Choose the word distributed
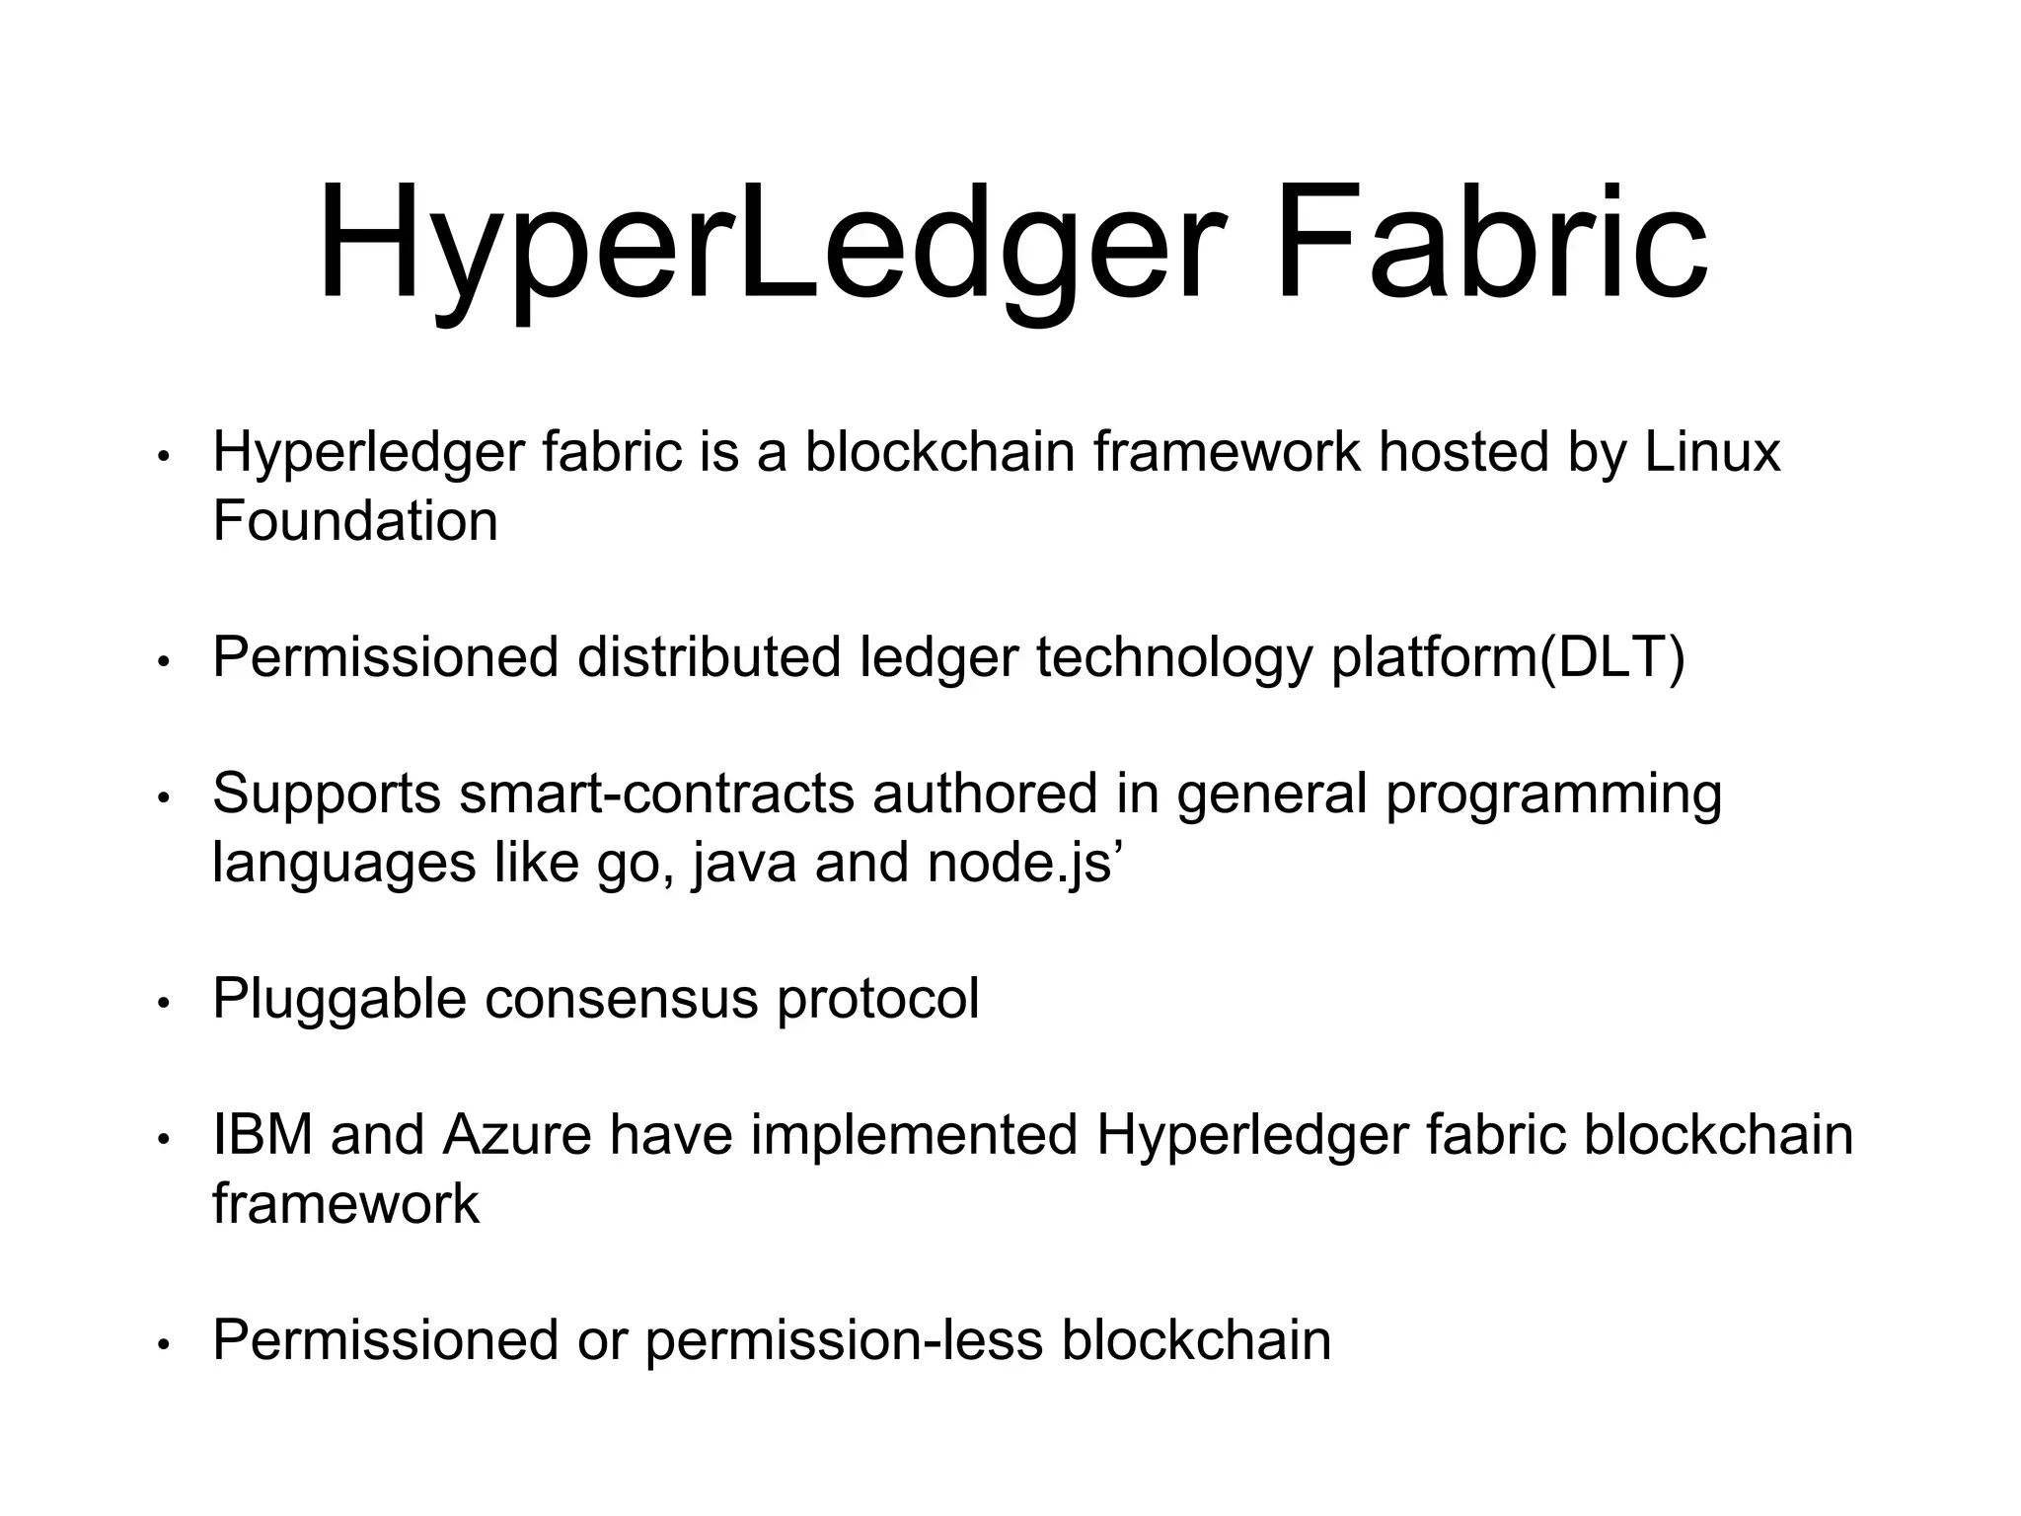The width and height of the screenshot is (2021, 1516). tap(709, 657)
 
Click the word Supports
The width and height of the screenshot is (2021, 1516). tap(327, 796)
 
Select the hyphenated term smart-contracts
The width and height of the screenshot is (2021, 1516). tap(656, 794)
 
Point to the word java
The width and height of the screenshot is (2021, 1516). tap(744, 864)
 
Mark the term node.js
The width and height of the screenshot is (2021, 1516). tap(1020, 864)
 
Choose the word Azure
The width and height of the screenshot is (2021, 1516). tap(517, 1135)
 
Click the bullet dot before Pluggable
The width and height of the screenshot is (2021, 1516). tap(165, 1003)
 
